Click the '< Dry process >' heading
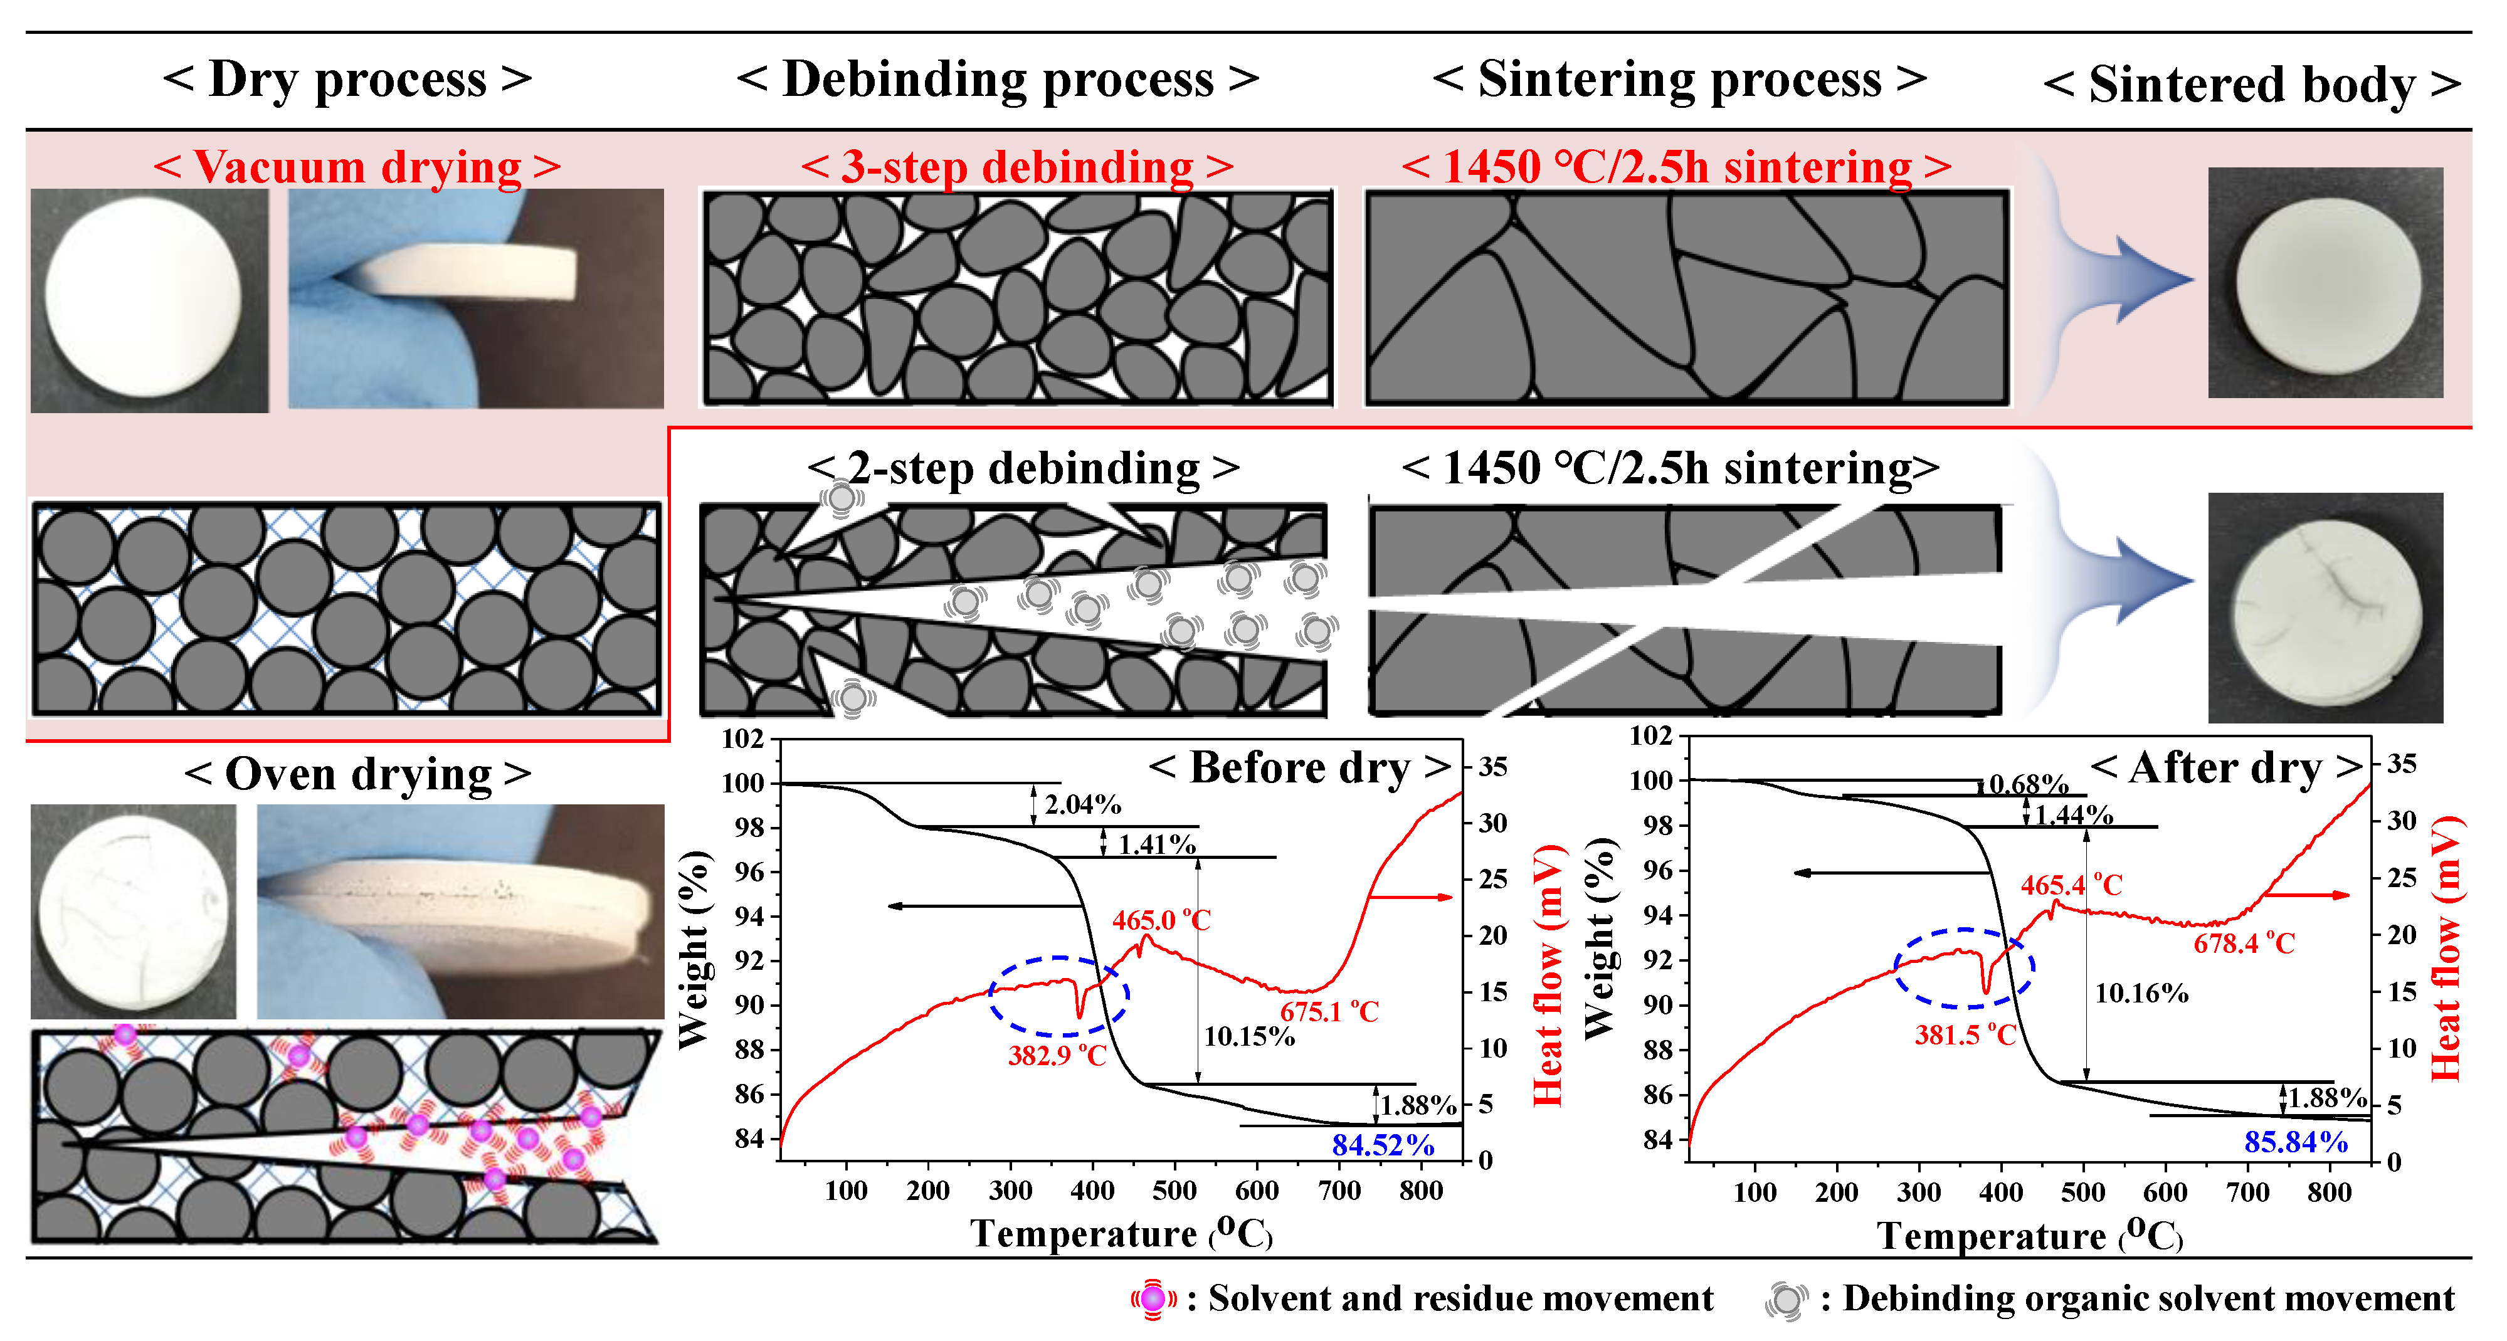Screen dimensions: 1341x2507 (347, 80)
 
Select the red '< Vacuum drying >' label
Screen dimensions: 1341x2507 (357, 167)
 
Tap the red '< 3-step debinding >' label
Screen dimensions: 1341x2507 (1017, 167)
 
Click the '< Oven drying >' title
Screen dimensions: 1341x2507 (357, 775)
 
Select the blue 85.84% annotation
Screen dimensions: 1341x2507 (2295, 1142)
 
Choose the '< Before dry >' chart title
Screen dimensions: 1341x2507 (1299, 768)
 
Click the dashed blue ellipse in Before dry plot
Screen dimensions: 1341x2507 (1059, 996)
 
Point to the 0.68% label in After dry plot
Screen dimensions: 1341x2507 (2027, 784)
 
